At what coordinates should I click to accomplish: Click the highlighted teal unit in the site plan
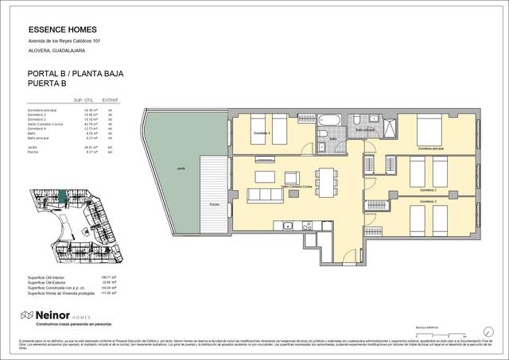60,193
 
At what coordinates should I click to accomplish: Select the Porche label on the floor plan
214,205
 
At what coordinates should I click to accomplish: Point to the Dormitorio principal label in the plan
429,149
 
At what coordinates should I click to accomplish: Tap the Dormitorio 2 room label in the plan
428,191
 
